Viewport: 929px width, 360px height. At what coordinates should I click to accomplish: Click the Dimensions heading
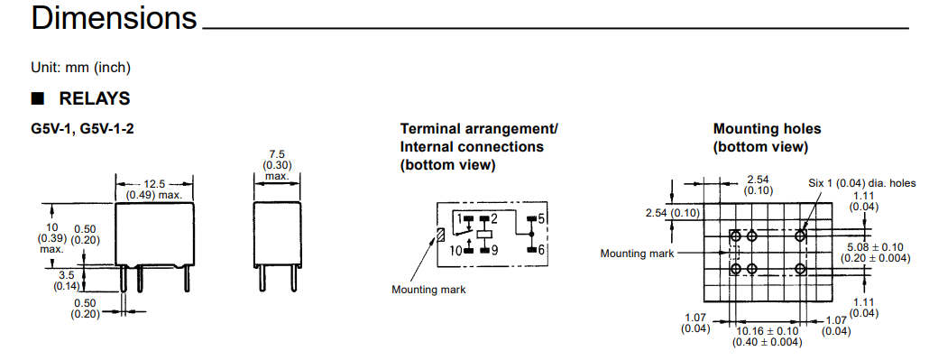(x=114, y=18)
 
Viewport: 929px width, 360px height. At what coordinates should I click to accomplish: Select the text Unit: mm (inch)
(x=80, y=68)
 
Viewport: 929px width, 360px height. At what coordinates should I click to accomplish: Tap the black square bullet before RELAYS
(x=38, y=97)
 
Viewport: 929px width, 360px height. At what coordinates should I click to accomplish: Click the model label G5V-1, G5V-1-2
(x=82, y=129)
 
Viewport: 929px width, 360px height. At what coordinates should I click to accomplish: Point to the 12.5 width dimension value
(x=154, y=184)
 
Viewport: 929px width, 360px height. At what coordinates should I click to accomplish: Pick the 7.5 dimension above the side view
(x=277, y=155)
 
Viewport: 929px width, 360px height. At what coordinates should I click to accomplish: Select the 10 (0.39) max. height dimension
(x=52, y=238)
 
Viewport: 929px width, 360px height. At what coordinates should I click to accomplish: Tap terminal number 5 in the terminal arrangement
(x=541, y=218)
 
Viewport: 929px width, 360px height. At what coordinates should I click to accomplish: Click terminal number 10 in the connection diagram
(x=455, y=250)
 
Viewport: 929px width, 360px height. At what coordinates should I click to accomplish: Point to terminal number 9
(x=494, y=250)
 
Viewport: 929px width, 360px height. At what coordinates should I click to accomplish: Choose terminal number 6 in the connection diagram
(x=541, y=250)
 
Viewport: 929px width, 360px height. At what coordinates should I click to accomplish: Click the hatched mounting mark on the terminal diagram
(x=440, y=235)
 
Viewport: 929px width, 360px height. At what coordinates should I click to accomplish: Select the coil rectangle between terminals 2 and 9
(x=486, y=235)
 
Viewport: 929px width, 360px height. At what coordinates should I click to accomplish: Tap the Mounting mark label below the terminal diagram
(x=428, y=290)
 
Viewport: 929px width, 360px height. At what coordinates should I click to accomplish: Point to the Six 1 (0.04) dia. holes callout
(x=862, y=183)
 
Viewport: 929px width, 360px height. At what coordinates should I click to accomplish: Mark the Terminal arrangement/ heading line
(x=479, y=129)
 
